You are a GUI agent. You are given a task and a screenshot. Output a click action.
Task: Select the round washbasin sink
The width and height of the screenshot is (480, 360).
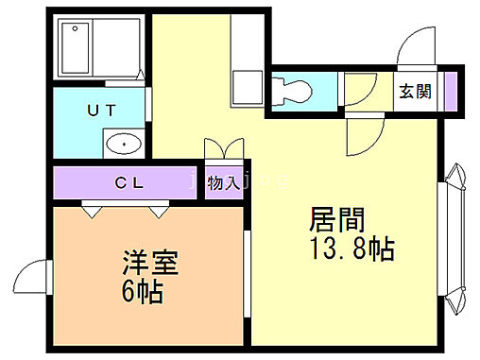coord(122,144)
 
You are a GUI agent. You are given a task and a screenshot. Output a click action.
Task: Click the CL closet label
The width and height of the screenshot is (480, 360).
coord(129,182)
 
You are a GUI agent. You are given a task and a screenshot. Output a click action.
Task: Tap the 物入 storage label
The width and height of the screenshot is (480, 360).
coord(222,182)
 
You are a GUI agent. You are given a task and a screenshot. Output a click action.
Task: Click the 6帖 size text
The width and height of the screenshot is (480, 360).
coord(143,290)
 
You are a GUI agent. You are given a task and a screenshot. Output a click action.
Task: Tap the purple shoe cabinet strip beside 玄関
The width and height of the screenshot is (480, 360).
coord(451,93)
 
